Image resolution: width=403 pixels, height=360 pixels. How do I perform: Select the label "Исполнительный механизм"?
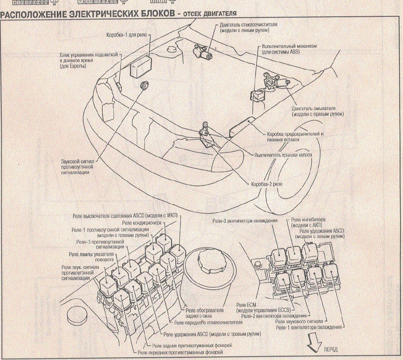point(289,46)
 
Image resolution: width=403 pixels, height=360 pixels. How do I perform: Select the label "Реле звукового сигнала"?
point(299,322)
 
